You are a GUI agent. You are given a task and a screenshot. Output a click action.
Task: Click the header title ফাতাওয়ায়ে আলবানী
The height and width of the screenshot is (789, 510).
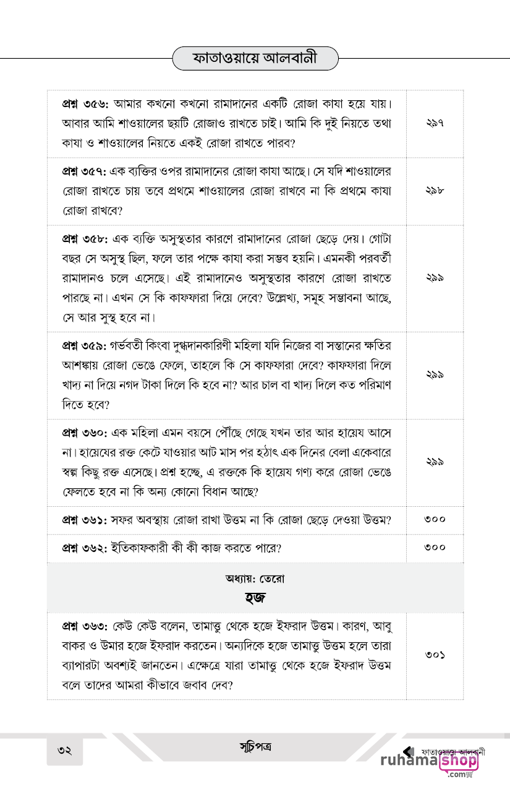click(255, 59)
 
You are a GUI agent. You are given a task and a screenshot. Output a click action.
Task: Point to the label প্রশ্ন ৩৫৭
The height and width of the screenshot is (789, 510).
click(85, 170)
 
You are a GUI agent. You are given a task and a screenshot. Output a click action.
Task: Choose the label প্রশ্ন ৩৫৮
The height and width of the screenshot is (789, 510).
click(85, 238)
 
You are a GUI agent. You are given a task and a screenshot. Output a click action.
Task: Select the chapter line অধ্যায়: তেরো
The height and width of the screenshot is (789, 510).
click(255, 579)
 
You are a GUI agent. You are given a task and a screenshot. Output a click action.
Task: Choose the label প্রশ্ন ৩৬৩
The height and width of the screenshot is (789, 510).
click(85, 625)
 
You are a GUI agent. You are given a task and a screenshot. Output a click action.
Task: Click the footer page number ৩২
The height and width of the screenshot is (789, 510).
click(65, 751)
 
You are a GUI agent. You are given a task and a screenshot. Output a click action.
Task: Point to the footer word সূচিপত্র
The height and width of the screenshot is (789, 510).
click(255, 746)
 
